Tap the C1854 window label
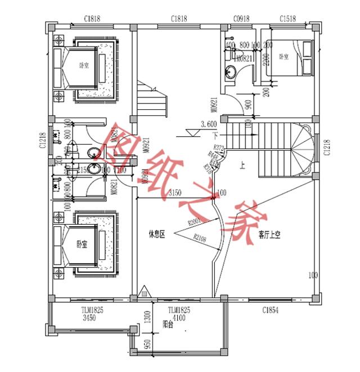[271, 310]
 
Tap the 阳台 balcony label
[167, 324]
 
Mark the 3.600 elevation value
[209, 124]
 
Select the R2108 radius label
[200, 239]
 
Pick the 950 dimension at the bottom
[147, 344]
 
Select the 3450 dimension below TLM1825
[92, 317]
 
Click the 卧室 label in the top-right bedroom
[283, 57]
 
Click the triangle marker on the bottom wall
[145, 292]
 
